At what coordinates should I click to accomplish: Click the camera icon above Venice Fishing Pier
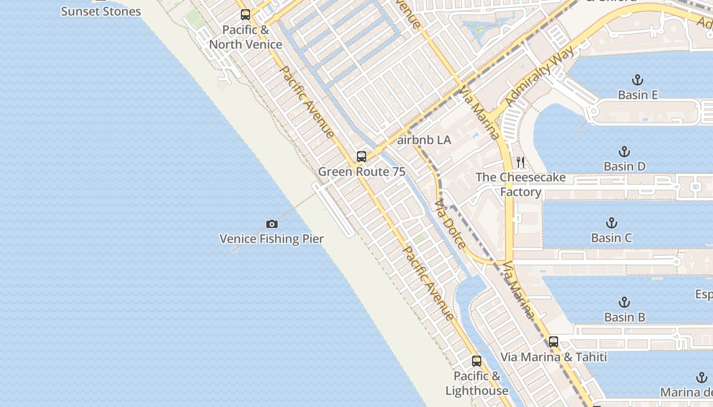point(272,224)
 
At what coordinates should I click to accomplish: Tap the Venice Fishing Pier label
point(271,239)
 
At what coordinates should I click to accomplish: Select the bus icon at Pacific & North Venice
point(245,14)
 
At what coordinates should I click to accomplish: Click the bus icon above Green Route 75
point(362,156)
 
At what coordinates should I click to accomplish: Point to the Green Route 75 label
point(362,171)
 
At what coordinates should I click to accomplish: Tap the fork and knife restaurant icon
point(520,162)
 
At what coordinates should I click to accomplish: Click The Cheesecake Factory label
point(520,184)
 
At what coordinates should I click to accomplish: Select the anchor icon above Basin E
point(637,80)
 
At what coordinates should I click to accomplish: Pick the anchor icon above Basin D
point(624,152)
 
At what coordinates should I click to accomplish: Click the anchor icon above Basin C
point(612,223)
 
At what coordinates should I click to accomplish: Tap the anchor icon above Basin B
point(624,302)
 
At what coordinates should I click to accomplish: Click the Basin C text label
point(612,238)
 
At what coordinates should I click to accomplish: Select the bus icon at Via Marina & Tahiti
point(554,341)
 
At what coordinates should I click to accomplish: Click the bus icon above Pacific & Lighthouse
point(477,361)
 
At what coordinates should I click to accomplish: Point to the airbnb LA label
point(424,140)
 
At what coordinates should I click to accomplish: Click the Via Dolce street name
point(450,224)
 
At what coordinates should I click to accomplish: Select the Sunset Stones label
point(101,11)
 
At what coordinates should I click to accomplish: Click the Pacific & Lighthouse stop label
point(477,384)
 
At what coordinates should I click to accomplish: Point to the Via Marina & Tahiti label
point(554,357)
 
